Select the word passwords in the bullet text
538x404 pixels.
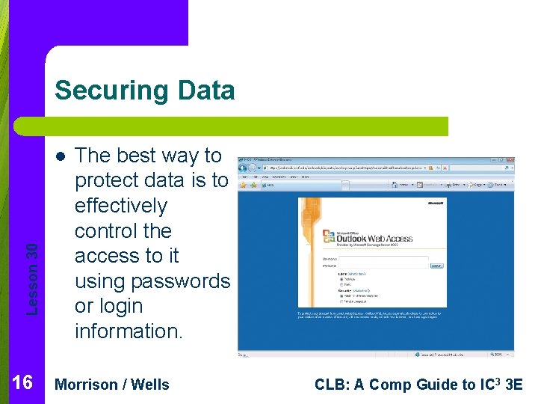[179, 281]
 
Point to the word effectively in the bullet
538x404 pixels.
[120, 206]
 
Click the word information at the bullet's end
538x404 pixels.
[129, 331]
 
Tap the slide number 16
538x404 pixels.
[22, 383]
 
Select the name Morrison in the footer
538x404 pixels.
[87, 385]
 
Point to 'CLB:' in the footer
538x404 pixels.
[331, 385]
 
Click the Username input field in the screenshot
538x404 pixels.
[383, 259]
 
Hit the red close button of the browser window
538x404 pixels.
[510, 160]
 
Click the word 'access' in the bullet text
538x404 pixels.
[126, 256]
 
